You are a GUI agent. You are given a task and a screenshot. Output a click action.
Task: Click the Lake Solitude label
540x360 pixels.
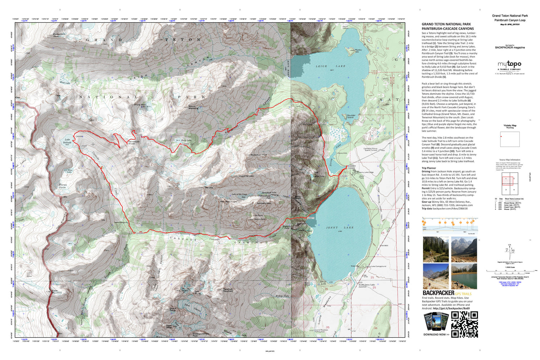(67, 141)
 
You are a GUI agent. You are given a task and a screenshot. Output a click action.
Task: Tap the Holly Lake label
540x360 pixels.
(186, 140)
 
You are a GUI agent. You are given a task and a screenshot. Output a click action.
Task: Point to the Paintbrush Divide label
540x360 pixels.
(134, 143)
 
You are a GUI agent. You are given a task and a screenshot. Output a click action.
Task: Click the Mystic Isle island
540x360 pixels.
(358, 51)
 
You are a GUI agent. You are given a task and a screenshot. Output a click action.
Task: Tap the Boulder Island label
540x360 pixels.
(351, 116)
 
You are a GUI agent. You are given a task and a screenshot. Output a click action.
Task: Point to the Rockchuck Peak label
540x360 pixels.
(259, 155)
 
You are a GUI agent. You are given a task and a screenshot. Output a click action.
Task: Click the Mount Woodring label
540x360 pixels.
(193, 107)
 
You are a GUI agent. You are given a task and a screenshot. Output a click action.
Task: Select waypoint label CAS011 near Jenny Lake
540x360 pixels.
(310, 218)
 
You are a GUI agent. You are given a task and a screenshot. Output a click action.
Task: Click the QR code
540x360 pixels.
(464, 324)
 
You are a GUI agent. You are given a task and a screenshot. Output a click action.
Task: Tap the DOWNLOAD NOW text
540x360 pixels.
(436, 334)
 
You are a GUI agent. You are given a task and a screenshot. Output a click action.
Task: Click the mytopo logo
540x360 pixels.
(509, 64)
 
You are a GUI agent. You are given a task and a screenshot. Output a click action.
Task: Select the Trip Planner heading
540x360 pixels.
(429, 168)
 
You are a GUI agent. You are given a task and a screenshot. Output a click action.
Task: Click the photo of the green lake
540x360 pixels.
(464, 276)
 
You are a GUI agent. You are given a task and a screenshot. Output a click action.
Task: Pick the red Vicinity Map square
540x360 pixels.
(501, 137)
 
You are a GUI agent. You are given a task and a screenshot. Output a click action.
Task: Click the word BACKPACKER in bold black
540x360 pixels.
(438, 293)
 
